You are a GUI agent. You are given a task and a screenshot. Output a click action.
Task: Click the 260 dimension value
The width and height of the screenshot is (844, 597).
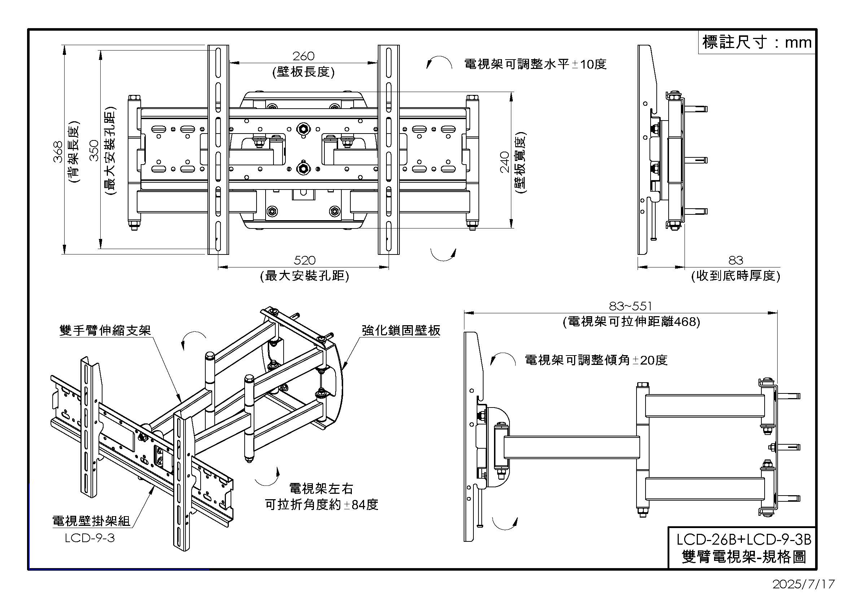(x=303, y=56)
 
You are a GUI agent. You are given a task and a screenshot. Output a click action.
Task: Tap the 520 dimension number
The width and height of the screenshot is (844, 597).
(x=305, y=260)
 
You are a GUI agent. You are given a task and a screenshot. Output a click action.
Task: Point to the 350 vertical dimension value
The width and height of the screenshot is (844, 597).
(x=95, y=151)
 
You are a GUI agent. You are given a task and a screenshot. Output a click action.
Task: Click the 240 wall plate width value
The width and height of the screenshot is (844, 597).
(x=505, y=162)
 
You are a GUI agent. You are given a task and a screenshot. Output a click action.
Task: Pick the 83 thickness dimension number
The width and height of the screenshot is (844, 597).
(x=735, y=260)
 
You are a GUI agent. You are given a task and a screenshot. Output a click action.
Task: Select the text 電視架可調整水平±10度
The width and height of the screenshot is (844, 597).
(x=535, y=64)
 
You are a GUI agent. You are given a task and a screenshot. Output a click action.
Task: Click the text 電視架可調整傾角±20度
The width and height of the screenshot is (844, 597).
(x=596, y=360)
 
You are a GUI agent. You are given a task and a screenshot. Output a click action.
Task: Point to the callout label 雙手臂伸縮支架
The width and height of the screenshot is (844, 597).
(x=105, y=330)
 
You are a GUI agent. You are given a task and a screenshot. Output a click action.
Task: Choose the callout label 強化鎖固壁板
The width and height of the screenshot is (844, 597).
(x=401, y=330)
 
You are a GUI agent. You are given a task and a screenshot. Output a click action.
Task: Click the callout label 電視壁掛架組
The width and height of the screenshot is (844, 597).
(x=91, y=521)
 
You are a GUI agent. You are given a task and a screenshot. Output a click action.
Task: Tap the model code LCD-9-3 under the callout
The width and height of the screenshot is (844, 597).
(x=90, y=538)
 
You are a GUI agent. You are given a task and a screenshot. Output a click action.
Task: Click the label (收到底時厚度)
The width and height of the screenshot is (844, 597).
(x=735, y=276)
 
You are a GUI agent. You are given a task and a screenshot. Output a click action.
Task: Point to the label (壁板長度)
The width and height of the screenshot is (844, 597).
(x=303, y=72)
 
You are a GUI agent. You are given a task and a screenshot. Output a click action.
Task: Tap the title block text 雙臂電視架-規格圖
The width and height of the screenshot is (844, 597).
(x=743, y=557)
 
